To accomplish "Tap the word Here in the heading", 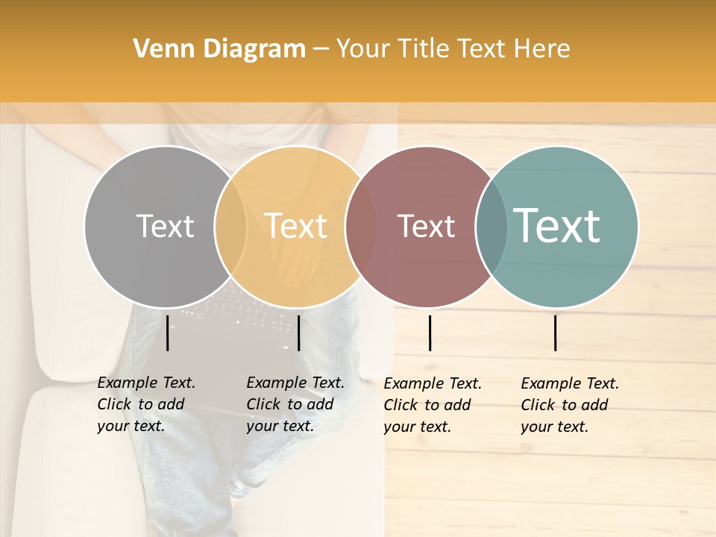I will [542, 49].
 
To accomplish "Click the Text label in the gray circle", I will [165, 226].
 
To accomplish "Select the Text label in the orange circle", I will [296, 226].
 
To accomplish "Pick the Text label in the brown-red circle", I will [427, 227].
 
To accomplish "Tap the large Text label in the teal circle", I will [557, 225].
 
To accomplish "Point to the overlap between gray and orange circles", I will [230, 227].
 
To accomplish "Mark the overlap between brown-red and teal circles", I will [492, 227].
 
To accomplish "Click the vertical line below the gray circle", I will [168, 333].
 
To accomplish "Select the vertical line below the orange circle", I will [298, 333].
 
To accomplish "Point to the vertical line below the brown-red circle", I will [430, 333].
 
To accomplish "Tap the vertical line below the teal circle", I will [556, 333].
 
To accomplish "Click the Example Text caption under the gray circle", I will [146, 404].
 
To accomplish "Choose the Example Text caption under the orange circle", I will [295, 404].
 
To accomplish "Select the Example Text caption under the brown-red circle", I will [433, 405].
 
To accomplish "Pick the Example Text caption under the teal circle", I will [570, 405].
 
